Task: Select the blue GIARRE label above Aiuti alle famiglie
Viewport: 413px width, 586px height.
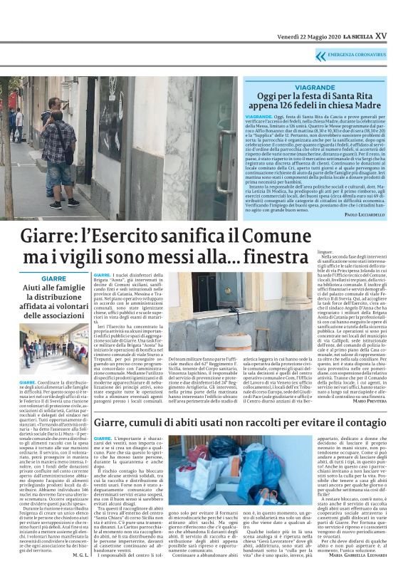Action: pyautogui.click(x=53, y=278)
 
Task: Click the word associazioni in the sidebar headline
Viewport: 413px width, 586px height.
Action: pyautogui.click(x=53, y=315)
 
